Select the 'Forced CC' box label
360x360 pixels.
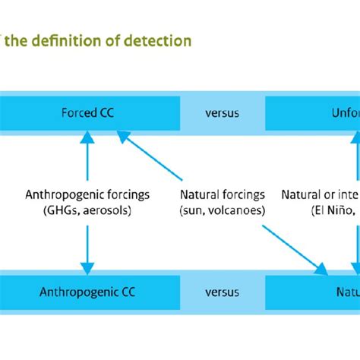(x=89, y=113)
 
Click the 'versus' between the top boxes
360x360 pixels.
(x=222, y=113)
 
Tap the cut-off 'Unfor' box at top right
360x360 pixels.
(x=335, y=113)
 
